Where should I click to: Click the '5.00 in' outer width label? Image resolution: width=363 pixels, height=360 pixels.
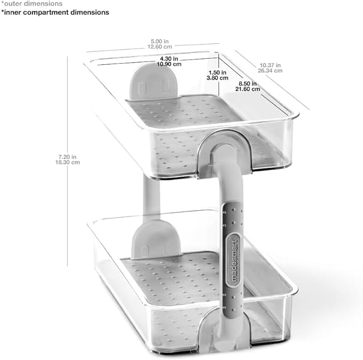pyautogui.click(x=160, y=41)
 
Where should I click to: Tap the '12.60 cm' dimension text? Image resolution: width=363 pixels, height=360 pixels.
pyautogui.click(x=160, y=47)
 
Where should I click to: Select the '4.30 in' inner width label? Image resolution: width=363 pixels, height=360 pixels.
pyautogui.click(x=169, y=59)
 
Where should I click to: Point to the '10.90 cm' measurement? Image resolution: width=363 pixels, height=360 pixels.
pyautogui.click(x=169, y=64)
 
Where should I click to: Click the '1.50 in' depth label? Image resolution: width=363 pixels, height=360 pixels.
pyautogui.click(x=218, y=73)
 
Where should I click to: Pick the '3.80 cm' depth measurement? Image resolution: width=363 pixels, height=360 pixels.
pyautogui.click(x=218, y=78)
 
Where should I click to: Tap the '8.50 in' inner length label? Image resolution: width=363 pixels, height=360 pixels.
pyautogui.click(x=248, y=83)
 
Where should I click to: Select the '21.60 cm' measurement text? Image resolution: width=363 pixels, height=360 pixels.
pyautogui.click(x=248, y=89)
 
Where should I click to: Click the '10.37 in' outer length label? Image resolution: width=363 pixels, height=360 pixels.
pyautogui.click(x=270, y=65)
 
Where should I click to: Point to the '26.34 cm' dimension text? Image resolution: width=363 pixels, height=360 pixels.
pyautogui.click(x=270, y=71)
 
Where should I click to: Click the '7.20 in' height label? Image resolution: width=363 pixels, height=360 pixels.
pyautogui.click(x=67, y=157)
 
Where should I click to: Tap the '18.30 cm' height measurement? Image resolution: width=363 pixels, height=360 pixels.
pyautogui.click(x=67, y=162)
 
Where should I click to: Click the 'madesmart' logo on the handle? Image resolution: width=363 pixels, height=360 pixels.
pyautogui.click(x=234, y=261)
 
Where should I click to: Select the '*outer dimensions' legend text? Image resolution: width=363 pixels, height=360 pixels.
pyautogui.click(x=32, y=4)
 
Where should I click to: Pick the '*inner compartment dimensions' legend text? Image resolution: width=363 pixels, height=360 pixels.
pyautogui.click(x=55, y=12)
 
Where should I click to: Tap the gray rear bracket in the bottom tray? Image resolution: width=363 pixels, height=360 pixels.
pyautogui.click(x=156, y=239)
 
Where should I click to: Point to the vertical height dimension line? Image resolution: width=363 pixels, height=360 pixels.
pyautogui.click(x=67, y=161)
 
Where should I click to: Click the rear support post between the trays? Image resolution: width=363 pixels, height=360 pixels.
pyautogui.click(x=151, y=197)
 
